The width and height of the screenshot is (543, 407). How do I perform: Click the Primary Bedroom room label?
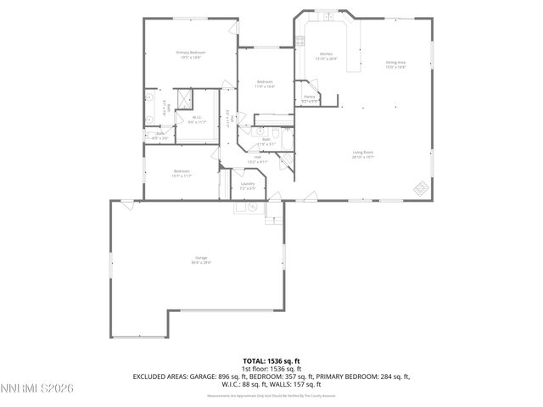191,54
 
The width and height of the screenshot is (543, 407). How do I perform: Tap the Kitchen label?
326,57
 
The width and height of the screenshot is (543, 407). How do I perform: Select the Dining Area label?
395,64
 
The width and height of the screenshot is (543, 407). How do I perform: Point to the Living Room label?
363,154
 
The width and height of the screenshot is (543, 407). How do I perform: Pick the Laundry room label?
248,185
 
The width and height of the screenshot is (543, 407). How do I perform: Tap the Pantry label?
310,98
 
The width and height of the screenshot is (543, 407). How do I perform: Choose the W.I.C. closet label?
197,120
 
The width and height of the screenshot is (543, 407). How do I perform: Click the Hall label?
257,158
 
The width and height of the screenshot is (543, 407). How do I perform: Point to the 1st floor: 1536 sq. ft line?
271,370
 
